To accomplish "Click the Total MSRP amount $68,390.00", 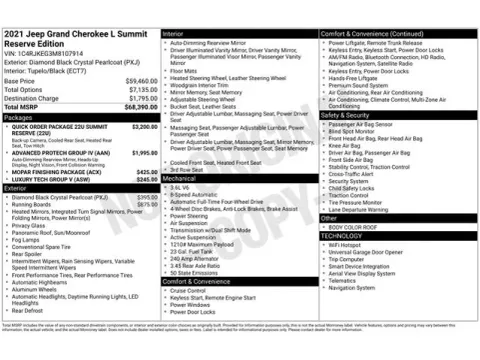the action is pos(139,106).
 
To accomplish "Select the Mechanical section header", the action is pos(181,178).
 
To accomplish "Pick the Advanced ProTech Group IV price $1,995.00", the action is pos(144,152).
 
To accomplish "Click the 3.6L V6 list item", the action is pos(181,187).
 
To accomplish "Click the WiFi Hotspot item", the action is pos(344,244).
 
